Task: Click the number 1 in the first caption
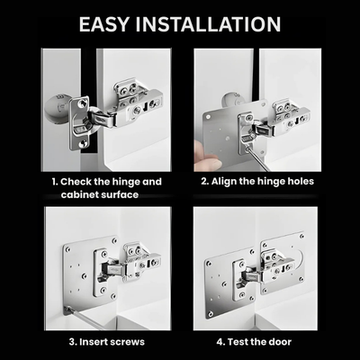(53, 181)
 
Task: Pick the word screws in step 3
(137, 341)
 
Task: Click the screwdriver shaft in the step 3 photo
(85, 316)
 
